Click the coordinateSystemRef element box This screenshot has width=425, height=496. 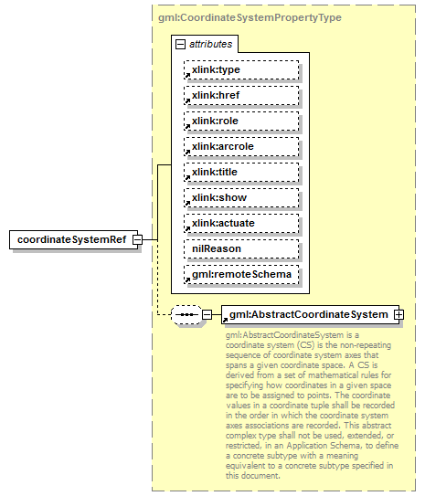click(x=70, y=239)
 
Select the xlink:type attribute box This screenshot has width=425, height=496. click(x=240, y=69)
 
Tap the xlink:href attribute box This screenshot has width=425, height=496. click(x=240, y=95)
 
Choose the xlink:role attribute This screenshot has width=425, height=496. click(x=240, y=121)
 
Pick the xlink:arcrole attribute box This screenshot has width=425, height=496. click(x=240, y=146)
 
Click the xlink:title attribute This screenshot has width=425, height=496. click(x=240, y=172)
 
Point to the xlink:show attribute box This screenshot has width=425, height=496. click(x=240, y=197)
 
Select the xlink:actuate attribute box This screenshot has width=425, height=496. click(x=240, y=223)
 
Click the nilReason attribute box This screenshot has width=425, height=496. click(x=240, y=248)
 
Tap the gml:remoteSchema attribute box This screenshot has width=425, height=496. click(x=240, y=274)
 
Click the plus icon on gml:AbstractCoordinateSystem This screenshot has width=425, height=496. click(x=398, y=315)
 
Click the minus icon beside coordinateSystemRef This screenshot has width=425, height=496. click(x=136, y=239)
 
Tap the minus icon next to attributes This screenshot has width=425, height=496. click(x=180, y=44)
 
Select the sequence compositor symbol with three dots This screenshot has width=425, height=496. click(x=186, y=315)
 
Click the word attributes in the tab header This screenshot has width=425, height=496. click(x=210, y=44)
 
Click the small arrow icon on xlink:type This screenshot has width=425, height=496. click(x=186, y=76)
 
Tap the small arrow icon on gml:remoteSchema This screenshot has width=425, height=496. click(x=186, y=280)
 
